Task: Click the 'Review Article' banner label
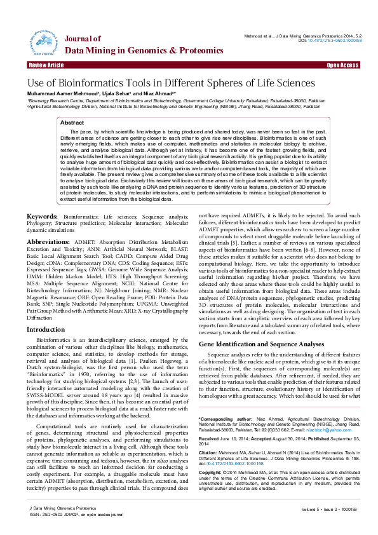click(x=46, y=65)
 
